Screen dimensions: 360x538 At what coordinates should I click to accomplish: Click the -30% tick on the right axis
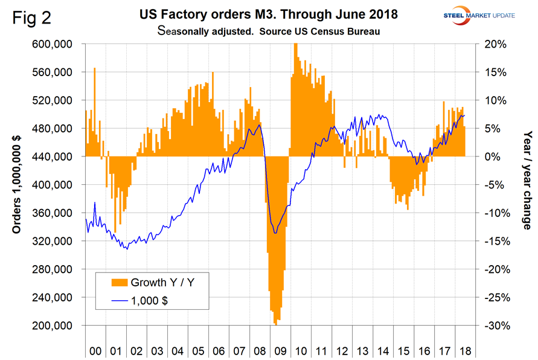(x=493, y=326)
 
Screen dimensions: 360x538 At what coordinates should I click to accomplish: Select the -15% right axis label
(x=493, y=242)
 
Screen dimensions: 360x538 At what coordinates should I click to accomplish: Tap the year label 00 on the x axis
(x=95, y=350)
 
